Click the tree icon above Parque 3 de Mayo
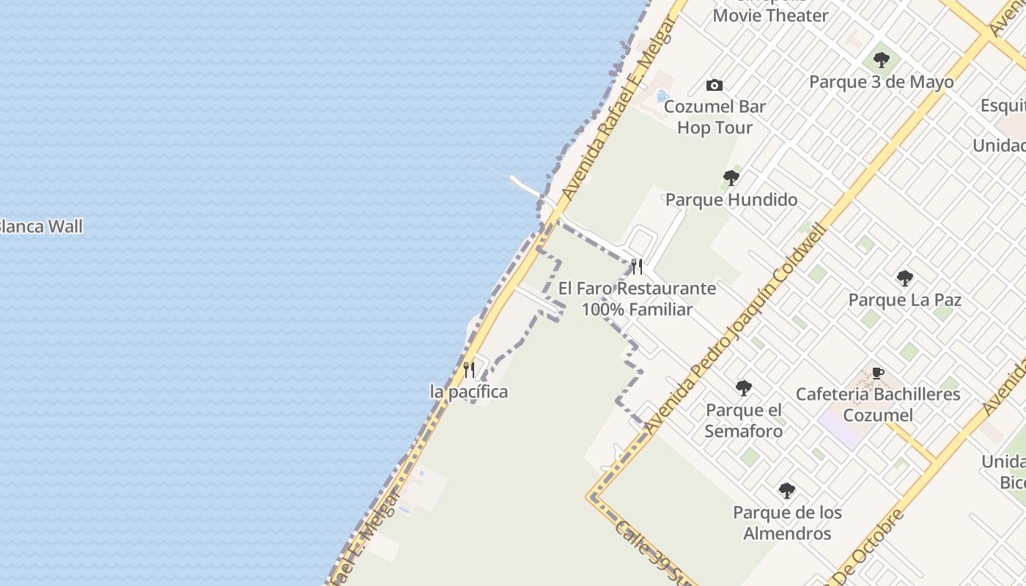[x=882, y=59]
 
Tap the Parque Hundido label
[x=731, y=199]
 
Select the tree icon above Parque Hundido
[x=731, y=177]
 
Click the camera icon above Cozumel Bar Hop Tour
[x=715, y=86]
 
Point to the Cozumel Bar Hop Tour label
[x=715, y=117]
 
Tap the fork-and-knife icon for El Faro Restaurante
[x=637, y=267]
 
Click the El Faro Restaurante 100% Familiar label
[x=637, y=299]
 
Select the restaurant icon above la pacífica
[x=469, y=370]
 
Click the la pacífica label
[x=469, y=392]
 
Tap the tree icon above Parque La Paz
[x=905, y=278]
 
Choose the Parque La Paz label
[x=905, y=300]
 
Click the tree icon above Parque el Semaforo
[x=744, y=388]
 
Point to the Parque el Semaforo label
[x=744, y=420]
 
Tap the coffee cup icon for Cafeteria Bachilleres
[x=878, y=374]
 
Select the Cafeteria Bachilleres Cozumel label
[x=878, y=404]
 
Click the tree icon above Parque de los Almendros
[x=787, y=491]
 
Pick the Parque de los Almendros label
[x=787, y=523]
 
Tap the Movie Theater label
[x=770, y=15]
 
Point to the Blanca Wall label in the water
[x=40, y=226]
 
